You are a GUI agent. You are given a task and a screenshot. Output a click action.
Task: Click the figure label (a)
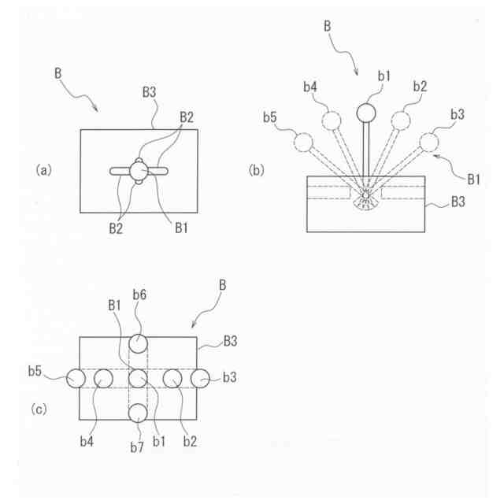(x=43, y=169)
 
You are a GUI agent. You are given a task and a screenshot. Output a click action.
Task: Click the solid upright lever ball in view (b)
(x=366, y=113)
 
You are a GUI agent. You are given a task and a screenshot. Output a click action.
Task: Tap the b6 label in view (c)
(x=139, y=294)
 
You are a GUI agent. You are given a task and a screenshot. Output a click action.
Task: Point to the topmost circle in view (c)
(x=139, y=343)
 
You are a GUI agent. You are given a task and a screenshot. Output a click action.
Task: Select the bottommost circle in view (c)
(x=139, y=413)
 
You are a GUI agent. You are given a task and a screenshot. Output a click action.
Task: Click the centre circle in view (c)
(x=139, y=378)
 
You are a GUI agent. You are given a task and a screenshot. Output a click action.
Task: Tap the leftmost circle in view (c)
(x=76, y=378)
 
